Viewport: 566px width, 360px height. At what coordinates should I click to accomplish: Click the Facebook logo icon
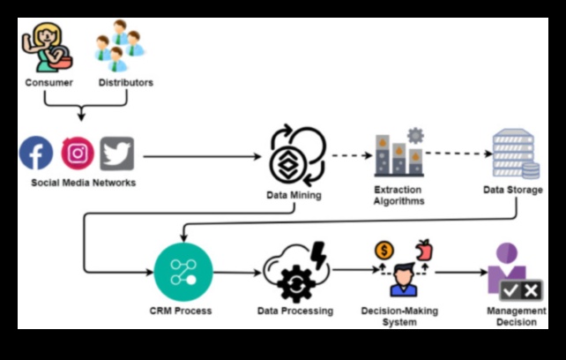coord(36,154)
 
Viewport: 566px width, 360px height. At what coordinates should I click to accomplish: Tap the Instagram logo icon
coord(78,154)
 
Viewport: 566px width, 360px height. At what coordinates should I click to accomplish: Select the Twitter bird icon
coord(116,154)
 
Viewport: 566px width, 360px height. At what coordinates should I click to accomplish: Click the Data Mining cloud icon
coord(297,155)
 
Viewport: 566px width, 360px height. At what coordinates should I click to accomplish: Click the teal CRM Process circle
coord(182,272)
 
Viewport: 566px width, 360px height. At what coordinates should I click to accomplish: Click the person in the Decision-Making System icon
coord(403,281)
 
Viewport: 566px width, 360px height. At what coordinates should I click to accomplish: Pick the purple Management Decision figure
coord(508,268)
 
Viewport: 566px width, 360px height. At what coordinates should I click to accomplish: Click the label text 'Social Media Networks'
coord(84,183)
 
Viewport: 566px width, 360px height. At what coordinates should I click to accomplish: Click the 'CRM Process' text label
coord(181,311)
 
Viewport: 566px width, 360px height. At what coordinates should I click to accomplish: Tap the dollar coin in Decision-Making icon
coord(384,251)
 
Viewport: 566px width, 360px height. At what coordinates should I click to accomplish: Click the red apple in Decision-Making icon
coord(425,250)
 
